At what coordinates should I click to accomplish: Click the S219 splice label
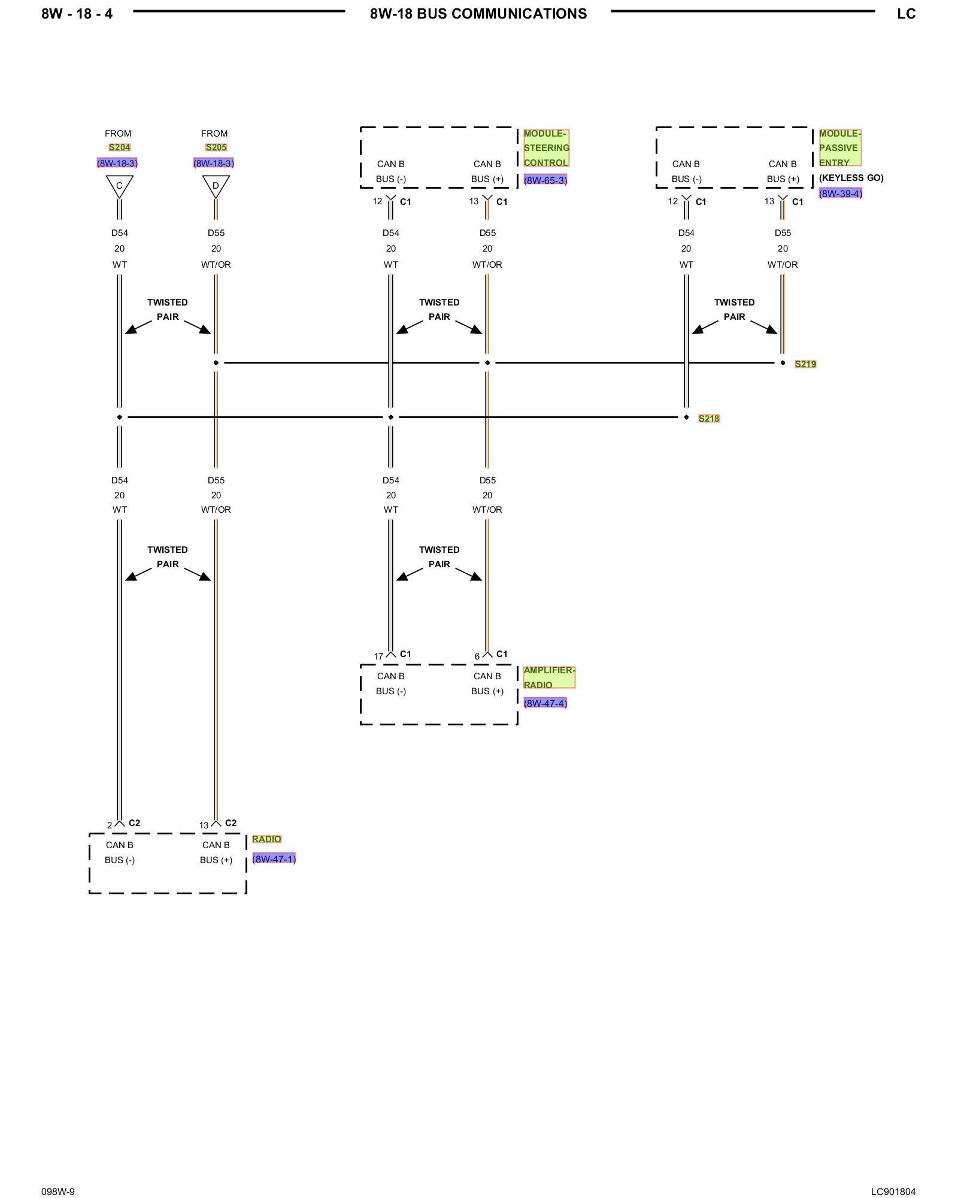coord(805,364)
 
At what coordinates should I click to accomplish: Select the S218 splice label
coord(708,419)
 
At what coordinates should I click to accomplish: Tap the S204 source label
coord(119,147)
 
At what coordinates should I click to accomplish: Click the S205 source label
coord(216,147)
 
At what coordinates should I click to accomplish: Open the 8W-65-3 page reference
coord(545,180)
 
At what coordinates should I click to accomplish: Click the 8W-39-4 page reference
coord(840,193)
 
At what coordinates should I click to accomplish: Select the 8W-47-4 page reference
coord(545,703)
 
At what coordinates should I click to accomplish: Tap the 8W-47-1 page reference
coord(274,859)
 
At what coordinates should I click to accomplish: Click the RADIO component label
coord(266,839)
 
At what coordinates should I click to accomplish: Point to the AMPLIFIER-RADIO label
coord(548,677)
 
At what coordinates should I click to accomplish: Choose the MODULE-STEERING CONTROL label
coord(546,148)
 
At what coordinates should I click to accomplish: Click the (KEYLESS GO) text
coord(851,178)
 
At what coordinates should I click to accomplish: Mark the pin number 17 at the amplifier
coord(378,657)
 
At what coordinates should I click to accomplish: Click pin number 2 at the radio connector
coord(110,825)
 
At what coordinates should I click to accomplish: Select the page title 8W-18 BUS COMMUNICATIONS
coord(478,14)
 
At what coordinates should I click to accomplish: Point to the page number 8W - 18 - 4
coord(77,14)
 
